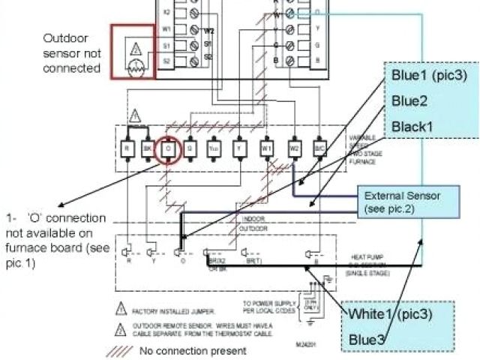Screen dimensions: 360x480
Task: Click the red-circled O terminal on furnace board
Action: pos(169,148)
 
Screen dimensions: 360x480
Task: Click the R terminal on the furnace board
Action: pos(127,148)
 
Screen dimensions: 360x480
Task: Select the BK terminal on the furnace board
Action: pos(148,148)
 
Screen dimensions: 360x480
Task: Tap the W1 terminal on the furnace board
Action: pos(266,148)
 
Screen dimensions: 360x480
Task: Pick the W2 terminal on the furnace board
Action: pos(294,148)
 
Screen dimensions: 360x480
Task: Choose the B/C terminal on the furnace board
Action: pos(319,148)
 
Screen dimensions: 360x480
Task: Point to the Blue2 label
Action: pos(409,101)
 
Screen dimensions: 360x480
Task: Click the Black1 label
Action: pos(412,126)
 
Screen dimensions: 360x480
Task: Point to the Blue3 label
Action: pos(367,340)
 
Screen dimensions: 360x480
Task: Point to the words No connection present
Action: pos(193,350)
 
